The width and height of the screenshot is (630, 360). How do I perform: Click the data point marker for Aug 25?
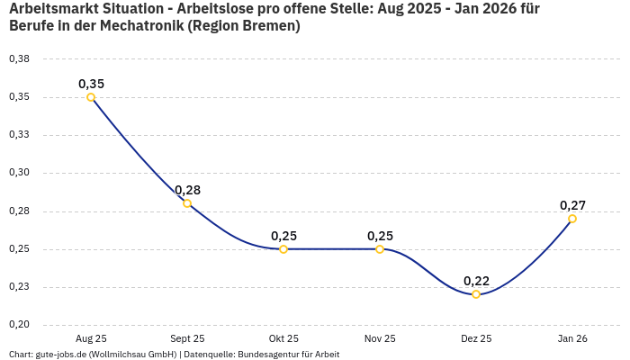(x=91, y=97)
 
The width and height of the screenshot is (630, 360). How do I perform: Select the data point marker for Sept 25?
(x=187, y=203)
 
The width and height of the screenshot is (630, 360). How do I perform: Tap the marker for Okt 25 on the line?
(x=283, y=249)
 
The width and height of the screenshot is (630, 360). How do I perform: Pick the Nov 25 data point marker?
(x=380, y=249)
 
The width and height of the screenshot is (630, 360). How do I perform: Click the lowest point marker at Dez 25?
(x=476, y=294)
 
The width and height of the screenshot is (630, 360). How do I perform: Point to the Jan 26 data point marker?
(x=572, y=219)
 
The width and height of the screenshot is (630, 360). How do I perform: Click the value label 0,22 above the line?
(x=476, y=281)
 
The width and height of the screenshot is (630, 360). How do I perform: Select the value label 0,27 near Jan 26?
(x=572, y=205)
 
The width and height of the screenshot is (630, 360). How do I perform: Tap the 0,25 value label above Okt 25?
(x=283, y=236)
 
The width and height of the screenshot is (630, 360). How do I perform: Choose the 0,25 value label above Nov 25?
(x=380, y=236)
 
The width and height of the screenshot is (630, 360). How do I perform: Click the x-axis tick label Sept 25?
(x=187, y=338)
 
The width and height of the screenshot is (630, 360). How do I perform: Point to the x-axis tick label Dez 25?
(x=476, y=338)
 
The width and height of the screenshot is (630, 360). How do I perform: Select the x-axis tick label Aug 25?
(x=91, y=338)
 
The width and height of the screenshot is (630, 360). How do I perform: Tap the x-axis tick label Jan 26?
(x=572, y=338)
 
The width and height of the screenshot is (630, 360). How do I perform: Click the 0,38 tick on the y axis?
(x=19, y=59)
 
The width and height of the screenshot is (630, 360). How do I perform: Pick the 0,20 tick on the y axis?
(x=19, y=325)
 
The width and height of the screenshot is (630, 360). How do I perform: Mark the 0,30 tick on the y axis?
(x=19, y=173)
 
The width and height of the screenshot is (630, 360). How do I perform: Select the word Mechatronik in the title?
(x=146, y=26)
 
